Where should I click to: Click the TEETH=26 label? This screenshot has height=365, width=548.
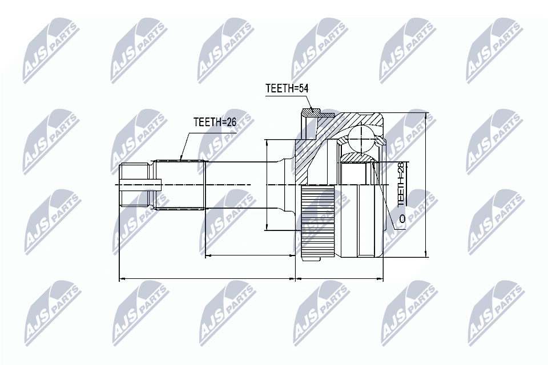[214, 122]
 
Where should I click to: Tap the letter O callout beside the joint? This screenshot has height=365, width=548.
[402, 219]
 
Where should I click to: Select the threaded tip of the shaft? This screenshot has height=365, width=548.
[135, 184]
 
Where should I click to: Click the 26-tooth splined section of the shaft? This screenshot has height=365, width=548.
[180, 184]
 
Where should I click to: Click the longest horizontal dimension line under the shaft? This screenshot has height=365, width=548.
[206, 279]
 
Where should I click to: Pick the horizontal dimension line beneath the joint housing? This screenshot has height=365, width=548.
[340, 279]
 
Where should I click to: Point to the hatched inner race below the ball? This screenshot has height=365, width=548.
[356, 157]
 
